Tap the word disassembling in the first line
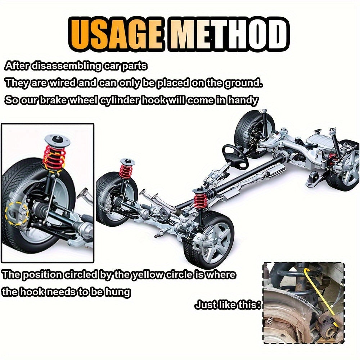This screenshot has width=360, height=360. tap(66, 66)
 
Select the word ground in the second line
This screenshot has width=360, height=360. tap(243, 83)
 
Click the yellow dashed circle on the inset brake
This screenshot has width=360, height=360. tap(17, 212)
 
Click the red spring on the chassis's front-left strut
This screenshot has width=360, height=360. tap(126, 171)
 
